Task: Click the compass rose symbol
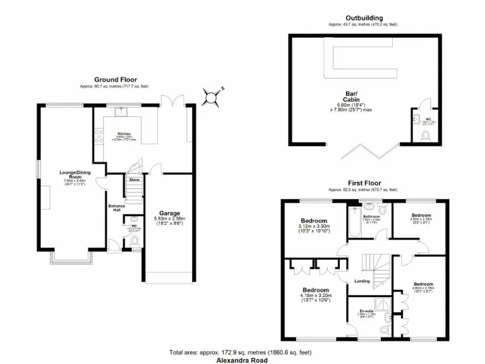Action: (212, 97)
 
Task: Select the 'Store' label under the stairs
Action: (134, 180)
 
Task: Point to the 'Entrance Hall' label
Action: (116, 208)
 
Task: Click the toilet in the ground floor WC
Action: (134, 241)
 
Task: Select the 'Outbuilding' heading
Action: (364, 18)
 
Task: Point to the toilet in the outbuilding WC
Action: (428, 135)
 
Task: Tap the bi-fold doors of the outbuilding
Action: (360, 151)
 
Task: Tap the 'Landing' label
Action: (362, 281)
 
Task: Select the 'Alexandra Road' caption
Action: (242, 360)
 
